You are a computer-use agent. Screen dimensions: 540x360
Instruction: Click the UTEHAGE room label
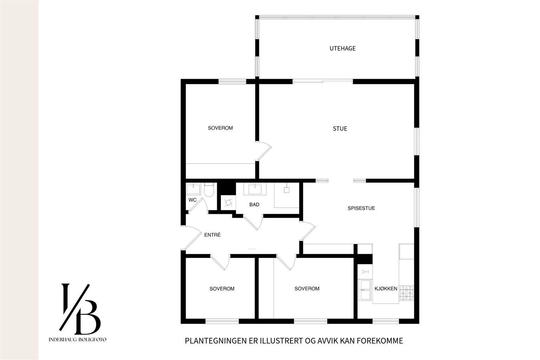click(342, 49)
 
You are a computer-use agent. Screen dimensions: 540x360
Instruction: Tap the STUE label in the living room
click(340, 129)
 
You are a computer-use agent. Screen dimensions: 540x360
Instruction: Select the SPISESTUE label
click(361, 208)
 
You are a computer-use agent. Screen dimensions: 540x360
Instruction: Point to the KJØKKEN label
click(386, 289)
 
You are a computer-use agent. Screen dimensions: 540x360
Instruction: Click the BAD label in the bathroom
click(254, 205)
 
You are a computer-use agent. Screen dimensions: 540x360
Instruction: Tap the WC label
click(192, 200)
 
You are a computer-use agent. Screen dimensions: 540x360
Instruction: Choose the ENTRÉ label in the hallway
click(212, 235)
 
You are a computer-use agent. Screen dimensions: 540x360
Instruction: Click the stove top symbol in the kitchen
click(406, 293)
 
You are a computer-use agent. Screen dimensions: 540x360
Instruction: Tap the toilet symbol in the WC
click(209, 190)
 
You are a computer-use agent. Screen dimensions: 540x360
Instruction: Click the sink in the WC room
click(193, 189)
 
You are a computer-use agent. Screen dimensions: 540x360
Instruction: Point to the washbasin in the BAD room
click(255, 189)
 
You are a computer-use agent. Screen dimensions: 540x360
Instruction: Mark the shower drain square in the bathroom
click(287, 190)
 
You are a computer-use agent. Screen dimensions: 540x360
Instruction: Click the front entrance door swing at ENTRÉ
click(192, 238)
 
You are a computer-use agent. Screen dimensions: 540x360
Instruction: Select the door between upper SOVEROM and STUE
click(263, 151)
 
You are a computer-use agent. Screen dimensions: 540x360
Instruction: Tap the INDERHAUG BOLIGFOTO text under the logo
click(77, 340)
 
